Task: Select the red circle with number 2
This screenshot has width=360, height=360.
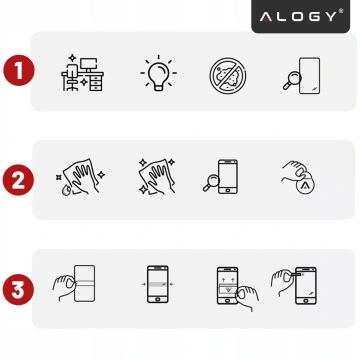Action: (17, 181)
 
